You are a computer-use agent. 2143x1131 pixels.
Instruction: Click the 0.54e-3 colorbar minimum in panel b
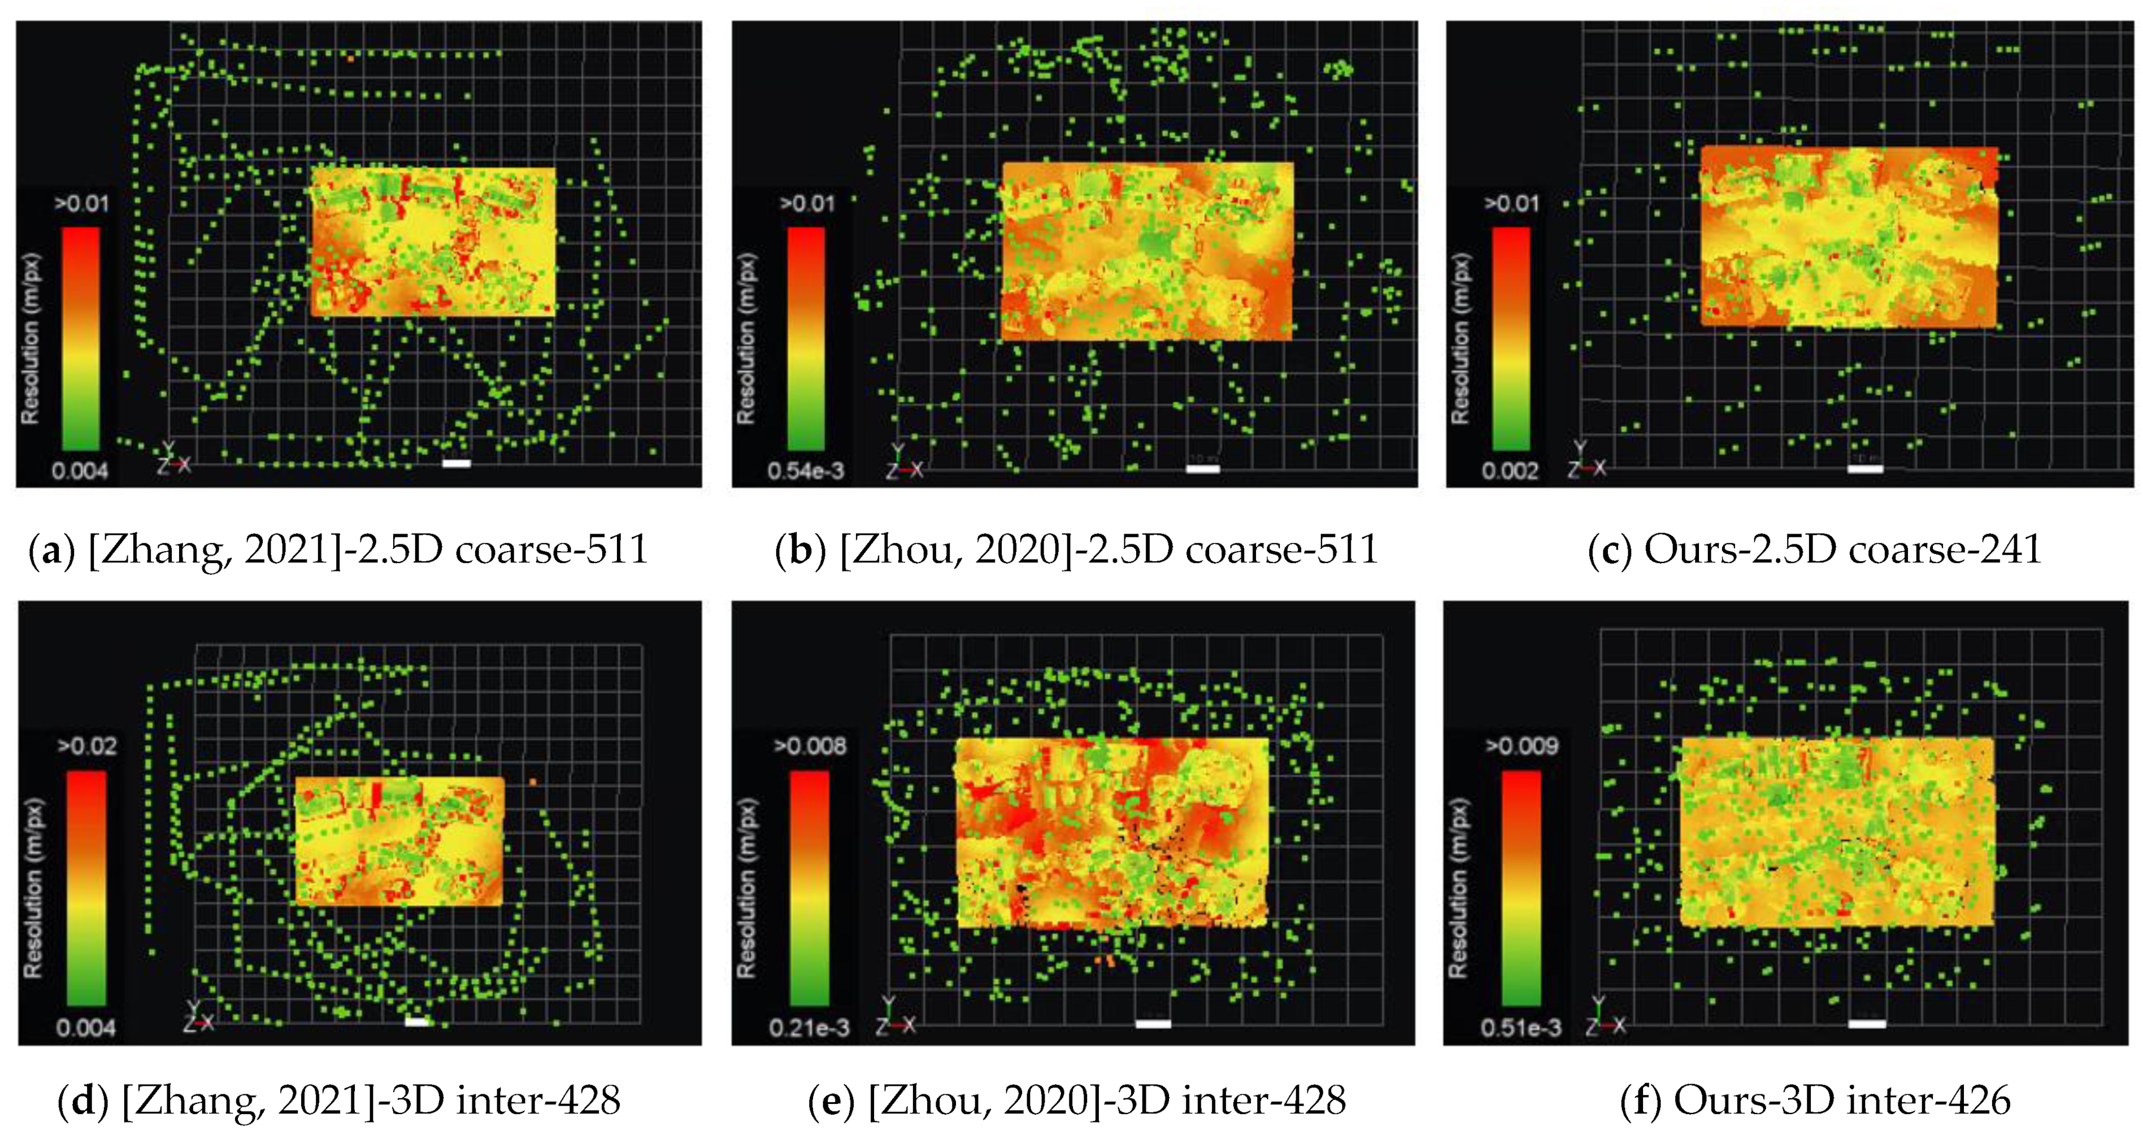pyautogui.click(x=805, y=471)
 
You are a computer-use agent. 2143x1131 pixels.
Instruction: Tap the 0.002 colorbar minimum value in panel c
pyautogui.click(x=1509, y=471)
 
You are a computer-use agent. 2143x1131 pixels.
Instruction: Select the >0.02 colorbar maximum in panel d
pyautogui.click(x=86, y=746)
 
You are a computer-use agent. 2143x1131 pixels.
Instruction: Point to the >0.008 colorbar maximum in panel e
pyautogui.click(x=810, y=746)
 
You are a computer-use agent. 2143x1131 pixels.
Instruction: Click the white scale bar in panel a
pyautogui.click(x=457, y=463)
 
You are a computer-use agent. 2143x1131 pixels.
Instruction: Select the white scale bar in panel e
pyautogui.click(x=1153, y=1024)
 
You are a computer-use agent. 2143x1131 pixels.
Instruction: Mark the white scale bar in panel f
pyautogui.click(x=1867, y=1024)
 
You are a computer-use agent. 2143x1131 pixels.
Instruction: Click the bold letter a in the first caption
pyautogui.click(x=51, y=551)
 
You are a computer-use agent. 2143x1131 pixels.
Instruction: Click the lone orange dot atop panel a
pyautogui.click(x=351, y=58)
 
